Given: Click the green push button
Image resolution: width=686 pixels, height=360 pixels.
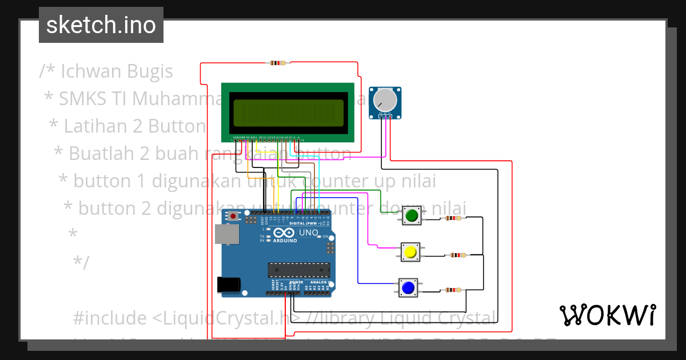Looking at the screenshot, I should tap(412, 215).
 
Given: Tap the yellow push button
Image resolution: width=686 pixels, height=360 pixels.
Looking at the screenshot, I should tap(409, 252).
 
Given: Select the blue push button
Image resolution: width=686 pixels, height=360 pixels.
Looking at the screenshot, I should tap(408, 287).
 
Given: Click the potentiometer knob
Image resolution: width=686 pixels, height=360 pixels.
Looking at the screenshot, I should tap(385, 100).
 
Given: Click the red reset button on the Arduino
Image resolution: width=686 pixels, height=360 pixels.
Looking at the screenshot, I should tap(233, 216).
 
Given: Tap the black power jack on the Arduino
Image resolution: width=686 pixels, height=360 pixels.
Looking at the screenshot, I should tap(229, 285).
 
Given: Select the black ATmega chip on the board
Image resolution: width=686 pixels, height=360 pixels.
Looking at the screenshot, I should tap(299, 270).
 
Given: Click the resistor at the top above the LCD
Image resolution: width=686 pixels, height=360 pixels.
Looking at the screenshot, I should tap(280, 63).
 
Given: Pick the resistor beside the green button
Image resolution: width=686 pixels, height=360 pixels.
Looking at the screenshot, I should tap(454, 218).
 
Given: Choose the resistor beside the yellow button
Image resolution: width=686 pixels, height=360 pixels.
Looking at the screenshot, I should tap(457, 255).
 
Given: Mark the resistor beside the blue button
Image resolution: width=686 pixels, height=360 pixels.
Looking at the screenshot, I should tap(452, 290).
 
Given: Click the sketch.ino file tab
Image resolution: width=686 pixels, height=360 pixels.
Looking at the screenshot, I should tap(101, 25).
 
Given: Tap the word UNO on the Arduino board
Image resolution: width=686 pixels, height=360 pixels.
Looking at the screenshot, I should tap(309, 233).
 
